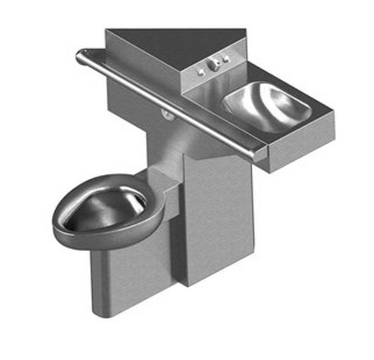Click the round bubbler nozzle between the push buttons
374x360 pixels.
tap(214, 66)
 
